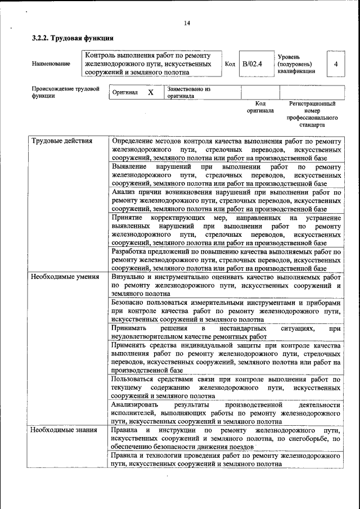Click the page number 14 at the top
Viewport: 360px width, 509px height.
click(x=187, y=23)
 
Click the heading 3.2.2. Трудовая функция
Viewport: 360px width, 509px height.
click(x=73, y=39)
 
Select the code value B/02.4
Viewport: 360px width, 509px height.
click(x=253, y=64)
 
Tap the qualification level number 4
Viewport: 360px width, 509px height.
click(x=336, y=64)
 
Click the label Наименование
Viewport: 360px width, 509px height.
click(x=51, y=64)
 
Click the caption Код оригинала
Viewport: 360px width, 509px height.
click(x=260, y=107)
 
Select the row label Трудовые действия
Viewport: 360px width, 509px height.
click(x=61, y=141)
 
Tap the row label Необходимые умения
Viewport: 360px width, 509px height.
click(x=65, y=277)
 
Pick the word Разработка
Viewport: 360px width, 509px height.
click(x=130, y=252)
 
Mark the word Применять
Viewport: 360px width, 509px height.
click(x=130, y=345)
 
